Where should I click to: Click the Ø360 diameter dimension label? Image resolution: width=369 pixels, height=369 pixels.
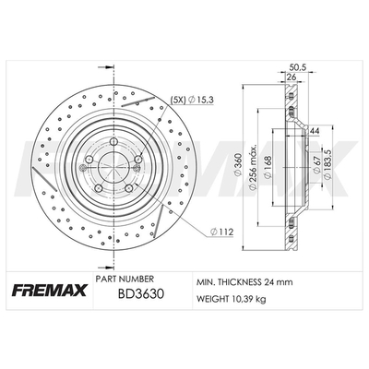239,167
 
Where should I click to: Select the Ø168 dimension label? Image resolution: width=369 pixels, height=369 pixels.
268,167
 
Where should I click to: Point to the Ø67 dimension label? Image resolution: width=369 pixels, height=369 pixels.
316,165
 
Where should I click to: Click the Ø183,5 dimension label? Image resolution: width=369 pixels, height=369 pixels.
328,163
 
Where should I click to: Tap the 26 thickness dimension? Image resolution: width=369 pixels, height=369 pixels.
291,77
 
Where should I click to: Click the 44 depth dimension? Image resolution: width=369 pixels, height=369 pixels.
314,131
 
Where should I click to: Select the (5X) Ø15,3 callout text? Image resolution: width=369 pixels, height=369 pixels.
192,100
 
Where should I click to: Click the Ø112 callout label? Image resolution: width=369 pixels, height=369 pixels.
221,232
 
